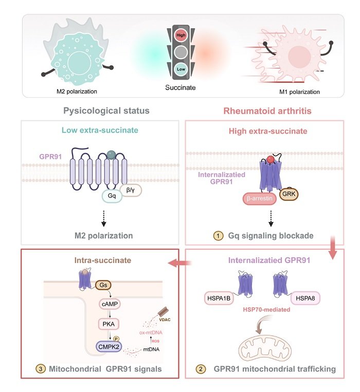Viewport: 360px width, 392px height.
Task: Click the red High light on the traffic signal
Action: (181, 35)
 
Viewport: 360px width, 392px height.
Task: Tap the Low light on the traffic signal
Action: (181, 69)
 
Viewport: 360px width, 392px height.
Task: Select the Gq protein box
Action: (112, 196)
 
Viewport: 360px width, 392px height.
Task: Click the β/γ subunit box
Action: (131, 190)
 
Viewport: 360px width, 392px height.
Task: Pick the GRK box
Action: (289, 194)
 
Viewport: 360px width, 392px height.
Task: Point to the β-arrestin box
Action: (259, 198)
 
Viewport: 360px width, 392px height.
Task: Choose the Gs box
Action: (103, 285)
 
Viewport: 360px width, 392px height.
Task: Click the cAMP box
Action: (110, 304)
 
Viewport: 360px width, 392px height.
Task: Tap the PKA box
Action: (109, 324)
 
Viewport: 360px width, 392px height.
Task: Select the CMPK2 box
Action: (109, 347)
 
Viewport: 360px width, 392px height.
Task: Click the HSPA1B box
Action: (219, 298)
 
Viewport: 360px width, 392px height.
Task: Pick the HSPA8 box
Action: (305, 298)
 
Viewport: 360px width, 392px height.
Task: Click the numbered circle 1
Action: (218, 236)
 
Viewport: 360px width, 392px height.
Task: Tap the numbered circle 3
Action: (41, 369)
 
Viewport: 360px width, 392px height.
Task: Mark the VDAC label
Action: (165, 320)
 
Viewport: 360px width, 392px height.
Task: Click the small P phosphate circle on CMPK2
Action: (116, 339)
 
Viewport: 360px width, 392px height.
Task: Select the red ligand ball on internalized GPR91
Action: (271, 159)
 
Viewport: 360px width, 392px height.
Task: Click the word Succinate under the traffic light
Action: (181, 87)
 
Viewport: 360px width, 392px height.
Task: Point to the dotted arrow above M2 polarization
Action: (103, 218)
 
